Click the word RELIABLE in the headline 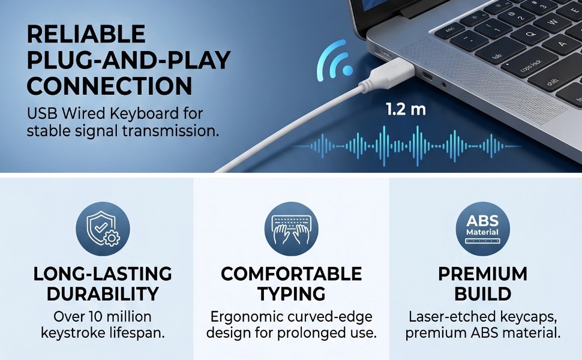pyautogui.click(x=86, y=34)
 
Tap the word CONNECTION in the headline pyautogui.click(x=109, y=86)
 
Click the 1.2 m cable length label pyautogui.click(x=406, y=109)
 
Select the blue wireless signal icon pyautogui.click(x=334, y=61)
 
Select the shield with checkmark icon pyautogui.click(x=103, y=229)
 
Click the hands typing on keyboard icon pyautogui.click(x=292, y=229)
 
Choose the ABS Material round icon pyautogui.click(x=482, y=229)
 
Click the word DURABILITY pyautogui.click(x=103, y=294)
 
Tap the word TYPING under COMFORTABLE pyautogui.click(x=292, y=294)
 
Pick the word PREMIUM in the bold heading pyautogui.click(x=482, y=274)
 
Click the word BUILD pyautogui.click(x=482, y=294)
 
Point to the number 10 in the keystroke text pyautogui.click(x=97, y=317)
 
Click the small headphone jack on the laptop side pyautogui.click(x=443, y=85)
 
